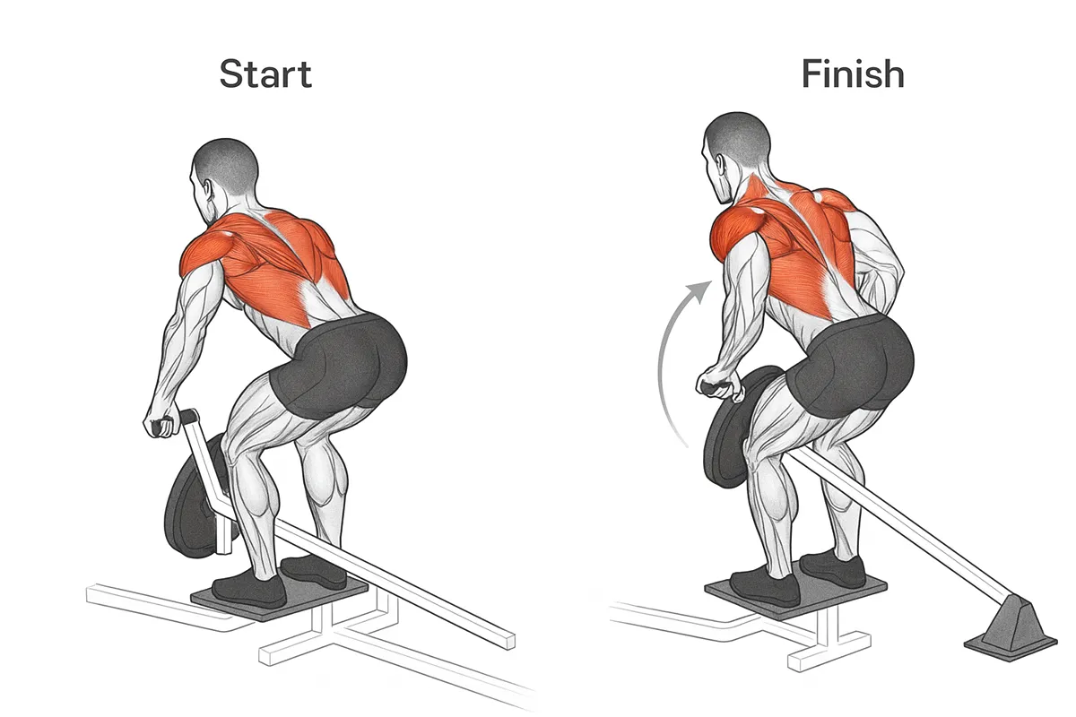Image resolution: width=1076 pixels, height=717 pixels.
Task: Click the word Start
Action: click(x=265, y=73)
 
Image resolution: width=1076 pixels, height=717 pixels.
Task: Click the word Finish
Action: click(x=853, y=73)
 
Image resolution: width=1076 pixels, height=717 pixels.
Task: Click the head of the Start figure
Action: click(x=222, y=180)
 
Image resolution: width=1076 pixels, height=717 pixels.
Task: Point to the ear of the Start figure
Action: click(x=209, y=191)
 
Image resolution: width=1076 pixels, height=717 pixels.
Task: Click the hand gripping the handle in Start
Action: click(x=159, y=423)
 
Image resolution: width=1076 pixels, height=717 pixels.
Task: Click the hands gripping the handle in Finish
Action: click(x=717, y=382)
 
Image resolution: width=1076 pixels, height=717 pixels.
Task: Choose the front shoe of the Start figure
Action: click(x=250, y=590)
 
